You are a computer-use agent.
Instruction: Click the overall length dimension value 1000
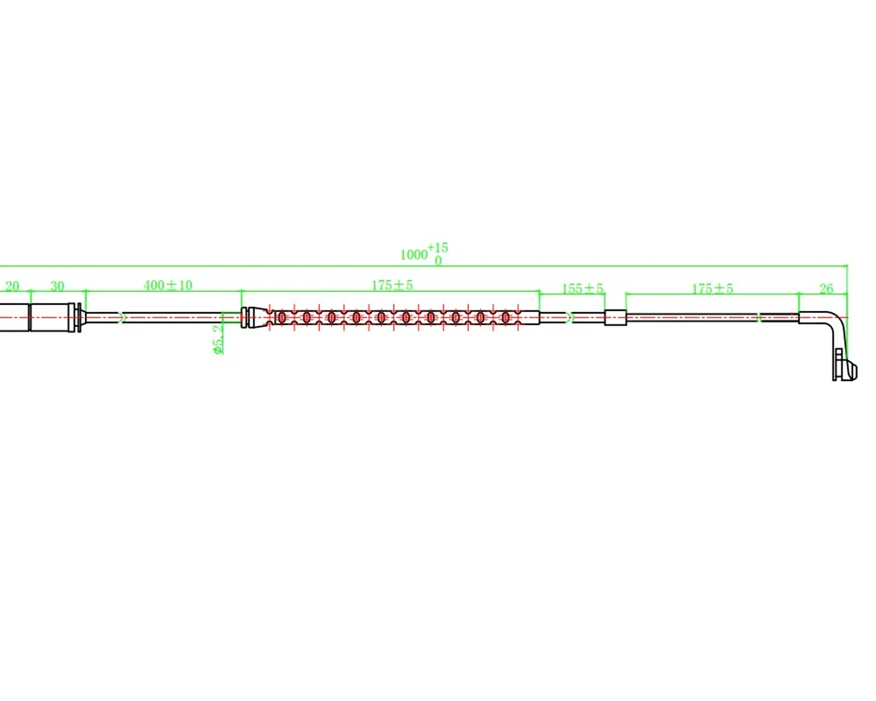pyautogui.click(x=413, y=254)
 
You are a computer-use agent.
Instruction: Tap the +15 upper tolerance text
pyautogui.click(x=438, y=247)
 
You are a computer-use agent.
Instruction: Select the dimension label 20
pyautogui.click(x=12, y=287)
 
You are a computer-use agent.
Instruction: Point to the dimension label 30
pyautogui.click(x=58, y=287)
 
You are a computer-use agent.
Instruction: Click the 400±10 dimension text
pyautogui.click(x=167, y=285)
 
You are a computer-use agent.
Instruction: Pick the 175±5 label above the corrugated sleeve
pyautogui.click(x=392, y=285)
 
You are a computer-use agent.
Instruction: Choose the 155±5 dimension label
pyautogui.click(x=583, y=288)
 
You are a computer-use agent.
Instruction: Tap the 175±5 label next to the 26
pyautogui.click(x=712, y=288)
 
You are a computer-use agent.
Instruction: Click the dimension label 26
pyautogui.click(x=826, y=288)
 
